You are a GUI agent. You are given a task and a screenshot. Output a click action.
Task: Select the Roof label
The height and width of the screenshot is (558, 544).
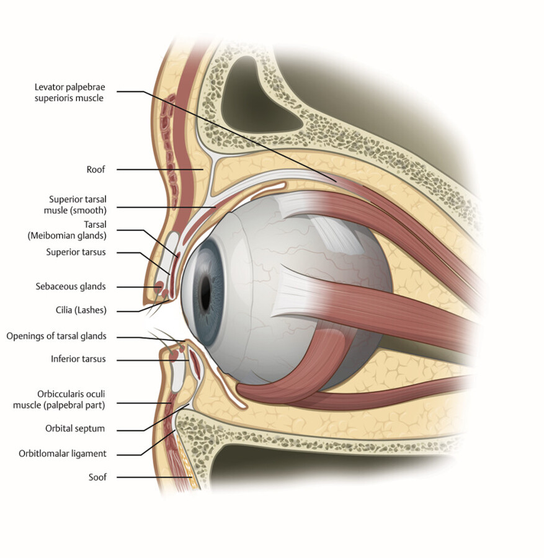pyautogui.click(x=96, y=169)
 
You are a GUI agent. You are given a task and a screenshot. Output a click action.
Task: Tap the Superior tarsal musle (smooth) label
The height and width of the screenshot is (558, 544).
pyautogui.click(x=78, y=205)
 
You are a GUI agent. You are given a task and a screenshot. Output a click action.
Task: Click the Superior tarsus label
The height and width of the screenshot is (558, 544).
pyautogui.click(x=76, y=252)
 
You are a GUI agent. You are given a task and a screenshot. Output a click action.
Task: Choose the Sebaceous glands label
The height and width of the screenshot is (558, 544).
pyautogui.click(x=70, y=286)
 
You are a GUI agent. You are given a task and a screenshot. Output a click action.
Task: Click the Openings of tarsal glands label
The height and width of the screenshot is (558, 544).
pyautogui.click(x=56, y=336)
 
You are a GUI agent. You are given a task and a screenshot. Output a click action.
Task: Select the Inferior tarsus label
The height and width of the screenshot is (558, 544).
pyautogui.click(x=78, y=359)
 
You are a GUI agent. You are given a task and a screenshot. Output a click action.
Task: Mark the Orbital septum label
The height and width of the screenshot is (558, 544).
pyautogui.click(x=75, y=428)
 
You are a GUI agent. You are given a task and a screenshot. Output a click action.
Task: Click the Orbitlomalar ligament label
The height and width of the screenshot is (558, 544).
pyautogui.click(x=63, y=453)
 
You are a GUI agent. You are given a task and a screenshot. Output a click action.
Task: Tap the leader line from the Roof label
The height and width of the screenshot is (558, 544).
pyautogui.click(x=155, y=169)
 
